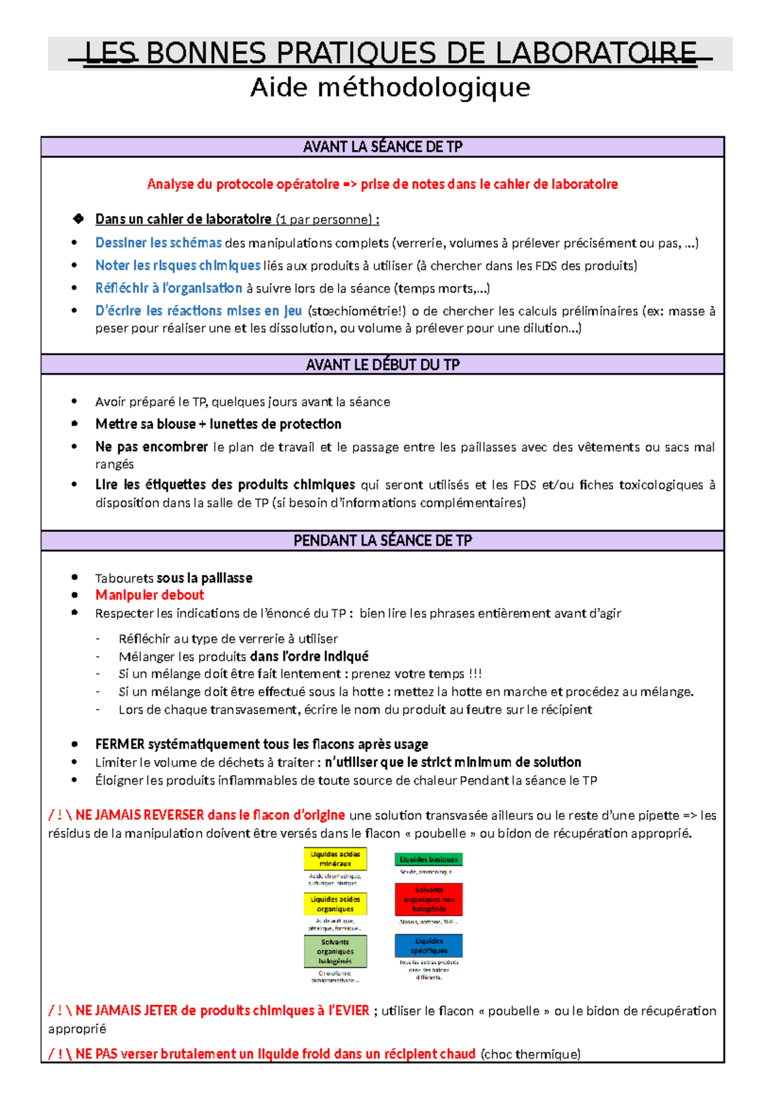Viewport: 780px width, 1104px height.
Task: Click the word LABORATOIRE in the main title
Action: click(x=596, y=53)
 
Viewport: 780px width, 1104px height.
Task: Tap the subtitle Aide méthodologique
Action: click(x=390, y=87)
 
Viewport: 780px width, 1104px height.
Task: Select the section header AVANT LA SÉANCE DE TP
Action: click(x=382, y=147)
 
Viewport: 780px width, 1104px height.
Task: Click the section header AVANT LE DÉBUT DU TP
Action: click(x=382, y=365)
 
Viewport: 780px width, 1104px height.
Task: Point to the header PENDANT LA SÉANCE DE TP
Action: click(x=382, y=541)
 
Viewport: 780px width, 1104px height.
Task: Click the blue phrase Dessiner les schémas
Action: click(x=159, y=243)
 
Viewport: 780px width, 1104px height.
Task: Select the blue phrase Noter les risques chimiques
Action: click(x=177, y=265)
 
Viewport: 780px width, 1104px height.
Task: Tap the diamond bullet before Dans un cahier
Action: click(x=79, y=219)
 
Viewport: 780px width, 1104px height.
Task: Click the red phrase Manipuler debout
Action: click(x=149, y=595)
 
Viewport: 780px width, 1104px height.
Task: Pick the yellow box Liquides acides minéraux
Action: click(x=335, y=859)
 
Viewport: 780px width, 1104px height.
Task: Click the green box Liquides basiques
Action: click(x=428, y=860)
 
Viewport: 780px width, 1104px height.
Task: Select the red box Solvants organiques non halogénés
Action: click(x=428, y=899)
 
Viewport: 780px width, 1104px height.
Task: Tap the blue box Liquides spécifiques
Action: click(x=428, y=946)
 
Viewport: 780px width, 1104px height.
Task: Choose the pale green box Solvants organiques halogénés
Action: click(x=335, y=951)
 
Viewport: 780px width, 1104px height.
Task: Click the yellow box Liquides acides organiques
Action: click(x=335, y=904)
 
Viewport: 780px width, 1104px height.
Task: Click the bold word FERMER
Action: click(x=120, y=744)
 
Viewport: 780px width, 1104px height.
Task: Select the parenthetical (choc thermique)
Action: click(x=530, y=1054)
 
